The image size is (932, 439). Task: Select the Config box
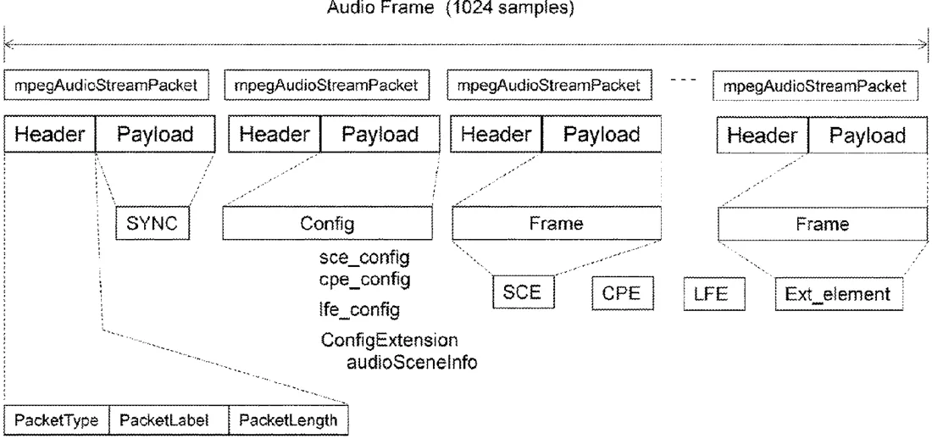(x=328, y=224)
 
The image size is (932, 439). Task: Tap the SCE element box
(x=524, y=292)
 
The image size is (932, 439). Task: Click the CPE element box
(x=623, y=293)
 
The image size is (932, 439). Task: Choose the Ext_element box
(x=839, y=294)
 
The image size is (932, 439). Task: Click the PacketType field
(x=57, y=421)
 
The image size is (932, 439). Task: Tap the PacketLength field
(x=288, y=421)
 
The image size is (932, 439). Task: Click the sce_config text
(x=364, y=258)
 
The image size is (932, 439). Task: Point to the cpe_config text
(x=364, y=279)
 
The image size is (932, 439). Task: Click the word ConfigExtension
(x=390, y=340)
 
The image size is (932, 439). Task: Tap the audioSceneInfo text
(x=412, y=362)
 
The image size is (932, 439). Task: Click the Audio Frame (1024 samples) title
(x=451, y=8)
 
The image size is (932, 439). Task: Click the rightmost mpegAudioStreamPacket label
(x=815, y=86)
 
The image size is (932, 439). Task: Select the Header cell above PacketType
(x=50, y=135)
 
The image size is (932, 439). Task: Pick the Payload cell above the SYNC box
(x=155, y=135)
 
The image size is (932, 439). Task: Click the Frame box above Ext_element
(x=823, y=224)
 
